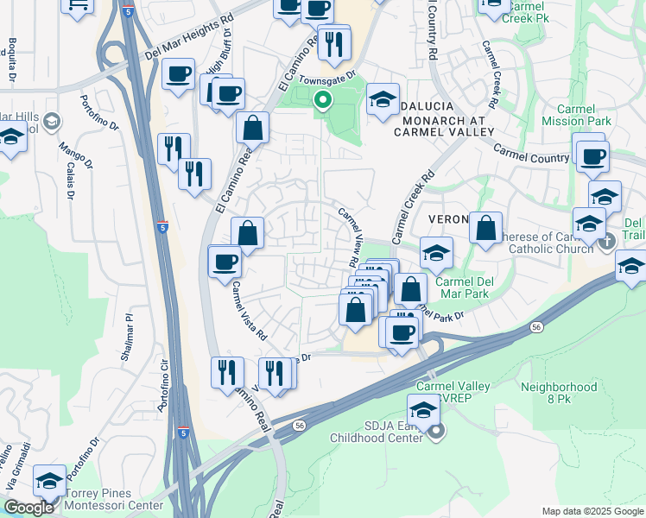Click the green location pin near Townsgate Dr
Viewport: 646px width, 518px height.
point(322,102)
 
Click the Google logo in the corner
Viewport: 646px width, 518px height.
point(28,508)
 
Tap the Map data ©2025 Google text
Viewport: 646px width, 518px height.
point(592,511)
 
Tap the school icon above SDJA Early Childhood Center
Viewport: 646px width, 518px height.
point(422,409)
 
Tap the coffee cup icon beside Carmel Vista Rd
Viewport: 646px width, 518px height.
point(225,261)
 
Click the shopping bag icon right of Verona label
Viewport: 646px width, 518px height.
point(486,229)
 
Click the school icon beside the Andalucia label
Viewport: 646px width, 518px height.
point(382,99)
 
